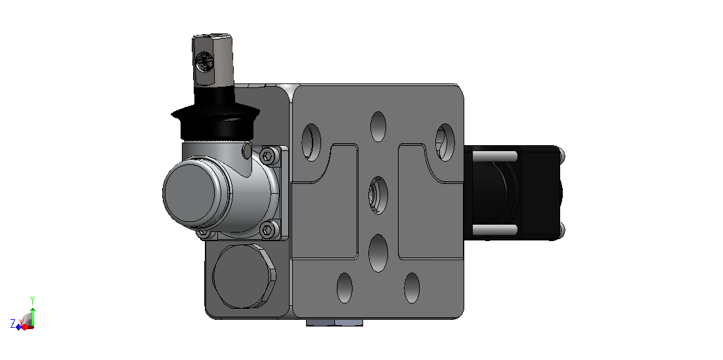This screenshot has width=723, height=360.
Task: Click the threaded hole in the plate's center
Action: click(x=378, y=195)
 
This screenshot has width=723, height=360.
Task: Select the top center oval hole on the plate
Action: click(x=378, y=127)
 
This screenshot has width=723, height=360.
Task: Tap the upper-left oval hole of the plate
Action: click(x=311, y=142)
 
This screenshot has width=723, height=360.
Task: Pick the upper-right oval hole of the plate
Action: click(x=445, y=142)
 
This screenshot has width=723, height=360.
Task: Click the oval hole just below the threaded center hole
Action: click(x=378, y=252)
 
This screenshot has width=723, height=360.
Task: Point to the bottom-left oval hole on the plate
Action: click(x=345, y=288)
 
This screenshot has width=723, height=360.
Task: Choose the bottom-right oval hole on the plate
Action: click(x=412, y=288)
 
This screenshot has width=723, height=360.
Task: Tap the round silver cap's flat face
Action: click(x=191, y=191)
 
